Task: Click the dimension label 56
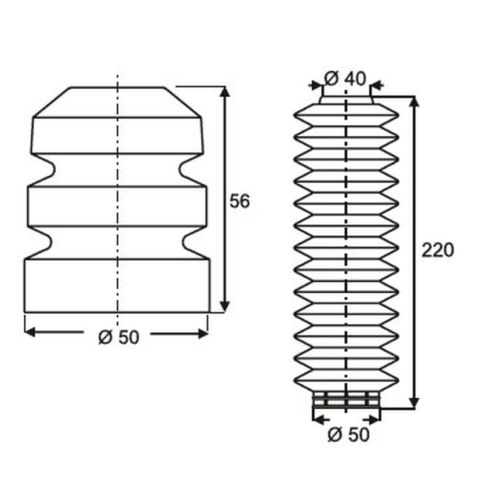point(239,201)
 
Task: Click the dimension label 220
point(438,250)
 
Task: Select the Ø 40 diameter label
point(345,78)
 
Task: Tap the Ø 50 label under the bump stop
point(119,337)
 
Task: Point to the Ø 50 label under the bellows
point(348,434)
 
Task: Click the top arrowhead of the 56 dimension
point(224,91)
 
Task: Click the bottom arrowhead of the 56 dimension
point(224,307)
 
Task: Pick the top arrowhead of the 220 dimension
point(414,102)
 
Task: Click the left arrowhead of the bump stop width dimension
point(30,332)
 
